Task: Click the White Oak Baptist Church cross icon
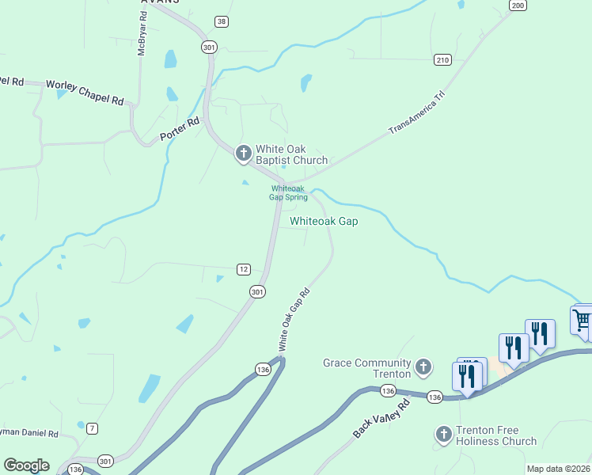(244, 154)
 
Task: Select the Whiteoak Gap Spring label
(288, 193)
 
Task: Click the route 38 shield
(221, 21)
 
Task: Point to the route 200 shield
(518, 6)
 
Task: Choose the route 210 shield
(442, 59)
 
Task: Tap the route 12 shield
(244, 269)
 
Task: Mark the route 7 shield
(93, 428)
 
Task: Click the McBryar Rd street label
(142, 37)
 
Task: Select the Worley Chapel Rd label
(85, 92)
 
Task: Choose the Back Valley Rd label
(381, 420)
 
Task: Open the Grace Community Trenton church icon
(424, 367)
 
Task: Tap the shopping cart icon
(582, 321)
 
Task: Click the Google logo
(26, 465)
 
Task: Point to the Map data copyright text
(559, 469)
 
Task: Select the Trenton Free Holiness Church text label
(497, 435)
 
